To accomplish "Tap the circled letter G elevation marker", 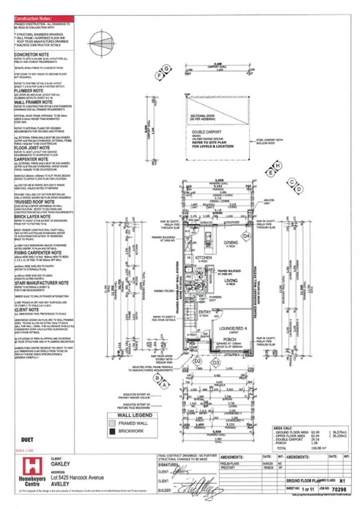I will point(166,68).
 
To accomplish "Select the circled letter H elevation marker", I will point(278,165).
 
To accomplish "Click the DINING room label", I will point(231,243).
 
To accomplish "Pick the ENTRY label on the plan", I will point(205,312).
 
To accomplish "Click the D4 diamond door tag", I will point(246,235).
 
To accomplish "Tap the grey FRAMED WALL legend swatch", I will point(112,423).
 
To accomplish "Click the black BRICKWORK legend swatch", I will point(112,431).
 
